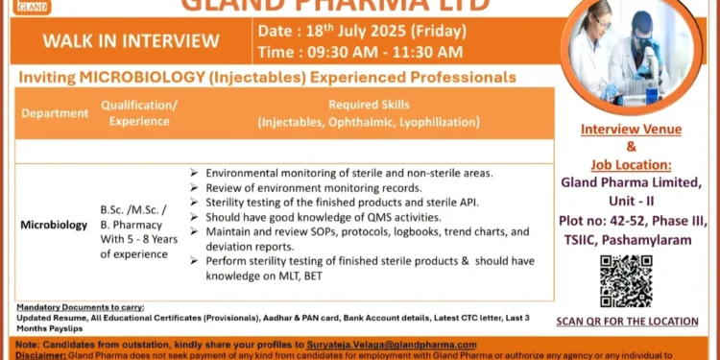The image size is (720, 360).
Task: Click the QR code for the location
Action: coord(626,280)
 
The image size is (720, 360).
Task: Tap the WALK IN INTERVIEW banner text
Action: coord(131,40)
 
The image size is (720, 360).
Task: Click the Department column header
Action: coord(55,113)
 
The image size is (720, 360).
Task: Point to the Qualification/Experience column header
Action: coord(138,113)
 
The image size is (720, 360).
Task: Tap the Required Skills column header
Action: coord(369,113)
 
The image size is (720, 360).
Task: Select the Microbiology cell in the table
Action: coord(54,225)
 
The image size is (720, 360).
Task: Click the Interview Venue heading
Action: coord(631,130)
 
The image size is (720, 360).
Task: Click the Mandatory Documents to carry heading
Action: coord(81,307)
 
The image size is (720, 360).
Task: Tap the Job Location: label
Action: coord(631,164)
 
